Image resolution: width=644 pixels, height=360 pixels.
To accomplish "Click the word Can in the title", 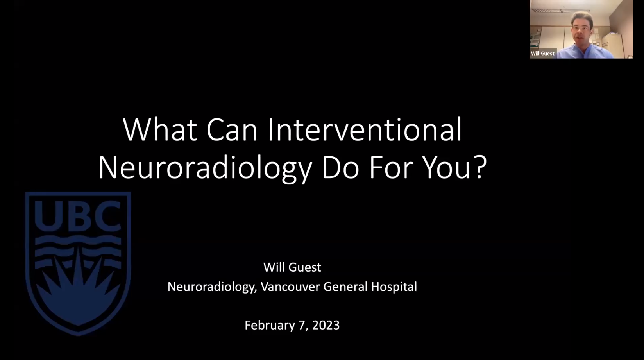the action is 232,130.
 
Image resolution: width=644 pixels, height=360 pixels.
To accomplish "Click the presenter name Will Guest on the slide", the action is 292,267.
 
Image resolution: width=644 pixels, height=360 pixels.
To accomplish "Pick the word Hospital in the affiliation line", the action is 394,287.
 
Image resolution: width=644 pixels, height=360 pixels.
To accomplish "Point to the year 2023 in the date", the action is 326,325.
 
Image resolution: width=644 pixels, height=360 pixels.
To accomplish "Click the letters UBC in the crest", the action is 78,216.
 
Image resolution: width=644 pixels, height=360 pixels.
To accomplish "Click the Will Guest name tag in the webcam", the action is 542,54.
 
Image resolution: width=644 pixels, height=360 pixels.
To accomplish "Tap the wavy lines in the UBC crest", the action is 78,250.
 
